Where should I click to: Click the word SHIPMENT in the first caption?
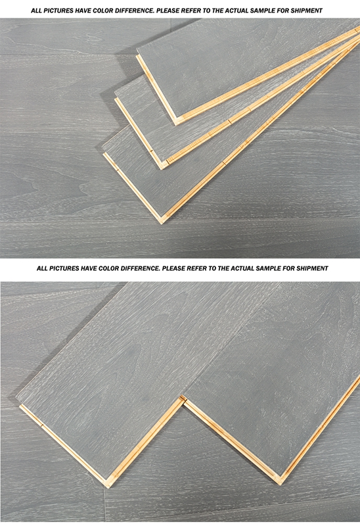click(x=307, y=11)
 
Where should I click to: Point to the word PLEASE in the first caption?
click(x=169, y=11)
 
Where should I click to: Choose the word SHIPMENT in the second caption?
click(x=313, y=268)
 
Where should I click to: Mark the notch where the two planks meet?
click(x=183, y=399)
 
